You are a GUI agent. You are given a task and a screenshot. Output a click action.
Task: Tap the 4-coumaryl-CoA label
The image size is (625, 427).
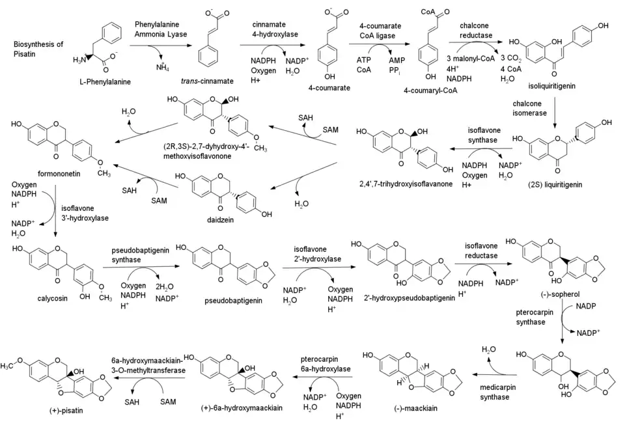tap(431, 90)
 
